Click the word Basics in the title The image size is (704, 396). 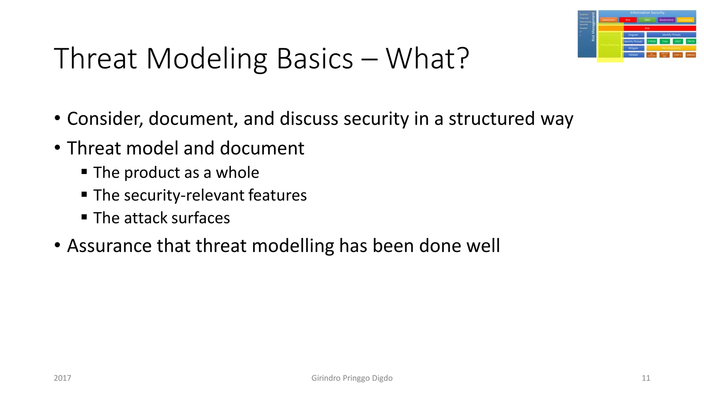pos(315,58)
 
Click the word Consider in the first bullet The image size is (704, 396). pos(105,119)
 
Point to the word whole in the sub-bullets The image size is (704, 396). pos(237,173)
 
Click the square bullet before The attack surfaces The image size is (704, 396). pos(84,217)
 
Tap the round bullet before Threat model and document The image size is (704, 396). pos(57,148)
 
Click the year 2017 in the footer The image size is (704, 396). pos(63,378)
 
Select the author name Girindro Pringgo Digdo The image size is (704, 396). pos(352,378)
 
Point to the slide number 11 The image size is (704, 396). pos(646,378)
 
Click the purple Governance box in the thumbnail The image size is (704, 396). pos(666,20)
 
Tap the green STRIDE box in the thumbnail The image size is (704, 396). pos(652,41)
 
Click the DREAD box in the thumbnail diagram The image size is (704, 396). pos(691,55)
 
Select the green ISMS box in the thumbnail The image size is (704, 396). pos(647,20)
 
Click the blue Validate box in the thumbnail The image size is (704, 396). pos(633,55)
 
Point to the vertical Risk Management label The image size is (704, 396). pos(593,27)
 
